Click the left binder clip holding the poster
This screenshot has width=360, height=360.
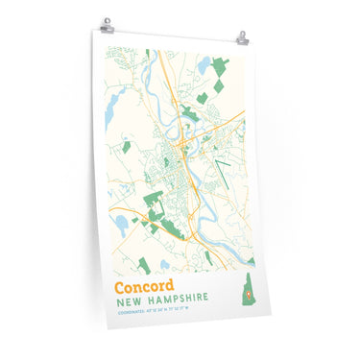tap(107, 25)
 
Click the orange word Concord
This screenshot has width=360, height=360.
tap(144, 286)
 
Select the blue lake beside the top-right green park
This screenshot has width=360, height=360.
tap(204, 65)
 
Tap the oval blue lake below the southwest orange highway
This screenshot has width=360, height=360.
tap(122, 225)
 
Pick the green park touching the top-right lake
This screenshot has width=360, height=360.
tap(221, 67)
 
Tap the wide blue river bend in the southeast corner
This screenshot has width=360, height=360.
tap(230, 252)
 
